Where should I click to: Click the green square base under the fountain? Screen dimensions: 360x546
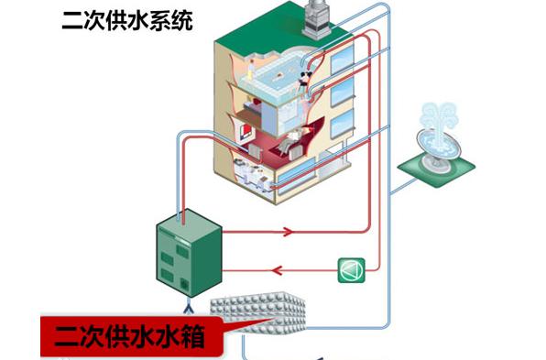[436, 165]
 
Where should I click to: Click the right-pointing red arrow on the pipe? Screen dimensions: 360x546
[287, 232]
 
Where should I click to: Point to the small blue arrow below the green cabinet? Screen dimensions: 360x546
[186, 299]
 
